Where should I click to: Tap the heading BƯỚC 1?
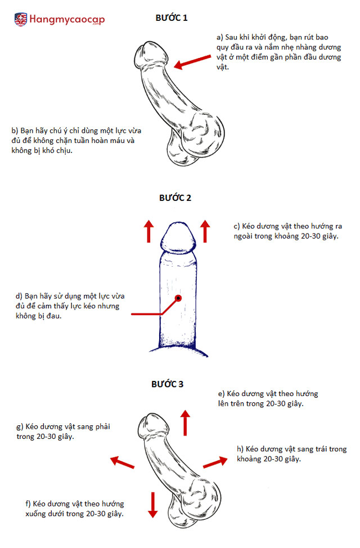tap(171, 18)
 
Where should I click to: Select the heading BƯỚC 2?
tap(175, 198)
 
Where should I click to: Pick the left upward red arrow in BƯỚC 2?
tap(148, 231)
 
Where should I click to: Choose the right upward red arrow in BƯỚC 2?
tap(205, 231)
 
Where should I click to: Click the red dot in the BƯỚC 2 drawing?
tap(178, 297)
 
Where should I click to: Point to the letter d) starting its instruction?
tap(20, 295)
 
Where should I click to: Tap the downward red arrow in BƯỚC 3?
tap(152, 504)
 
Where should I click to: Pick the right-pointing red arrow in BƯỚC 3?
tap(214, 462)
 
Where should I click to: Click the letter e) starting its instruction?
tap(222, 394)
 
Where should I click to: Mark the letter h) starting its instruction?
tap(240, 448)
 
